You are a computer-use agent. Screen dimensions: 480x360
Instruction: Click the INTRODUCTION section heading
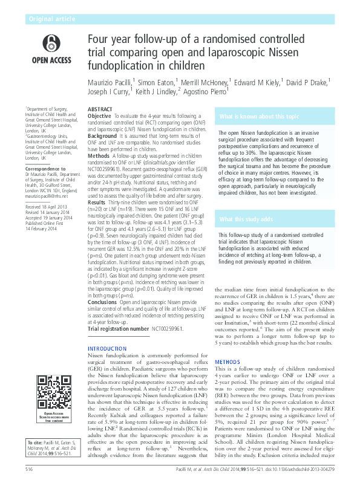[108, 349]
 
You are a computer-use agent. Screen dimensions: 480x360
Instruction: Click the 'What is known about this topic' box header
[267, 115]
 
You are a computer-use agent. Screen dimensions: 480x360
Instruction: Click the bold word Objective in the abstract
[100, 116]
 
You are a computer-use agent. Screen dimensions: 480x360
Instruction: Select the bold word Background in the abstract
[102, 136]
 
